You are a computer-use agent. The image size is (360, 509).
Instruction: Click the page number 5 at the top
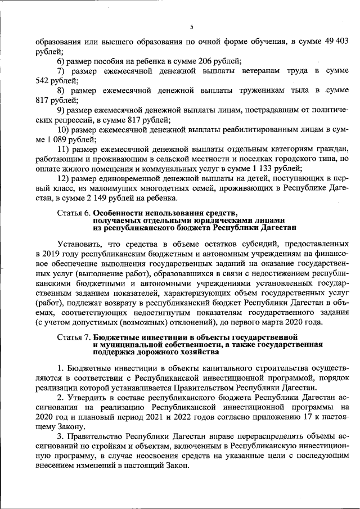pyautogui.click(x=191, y=27)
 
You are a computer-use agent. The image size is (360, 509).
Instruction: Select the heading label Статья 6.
pyautogui.click(x=74, y=213)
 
